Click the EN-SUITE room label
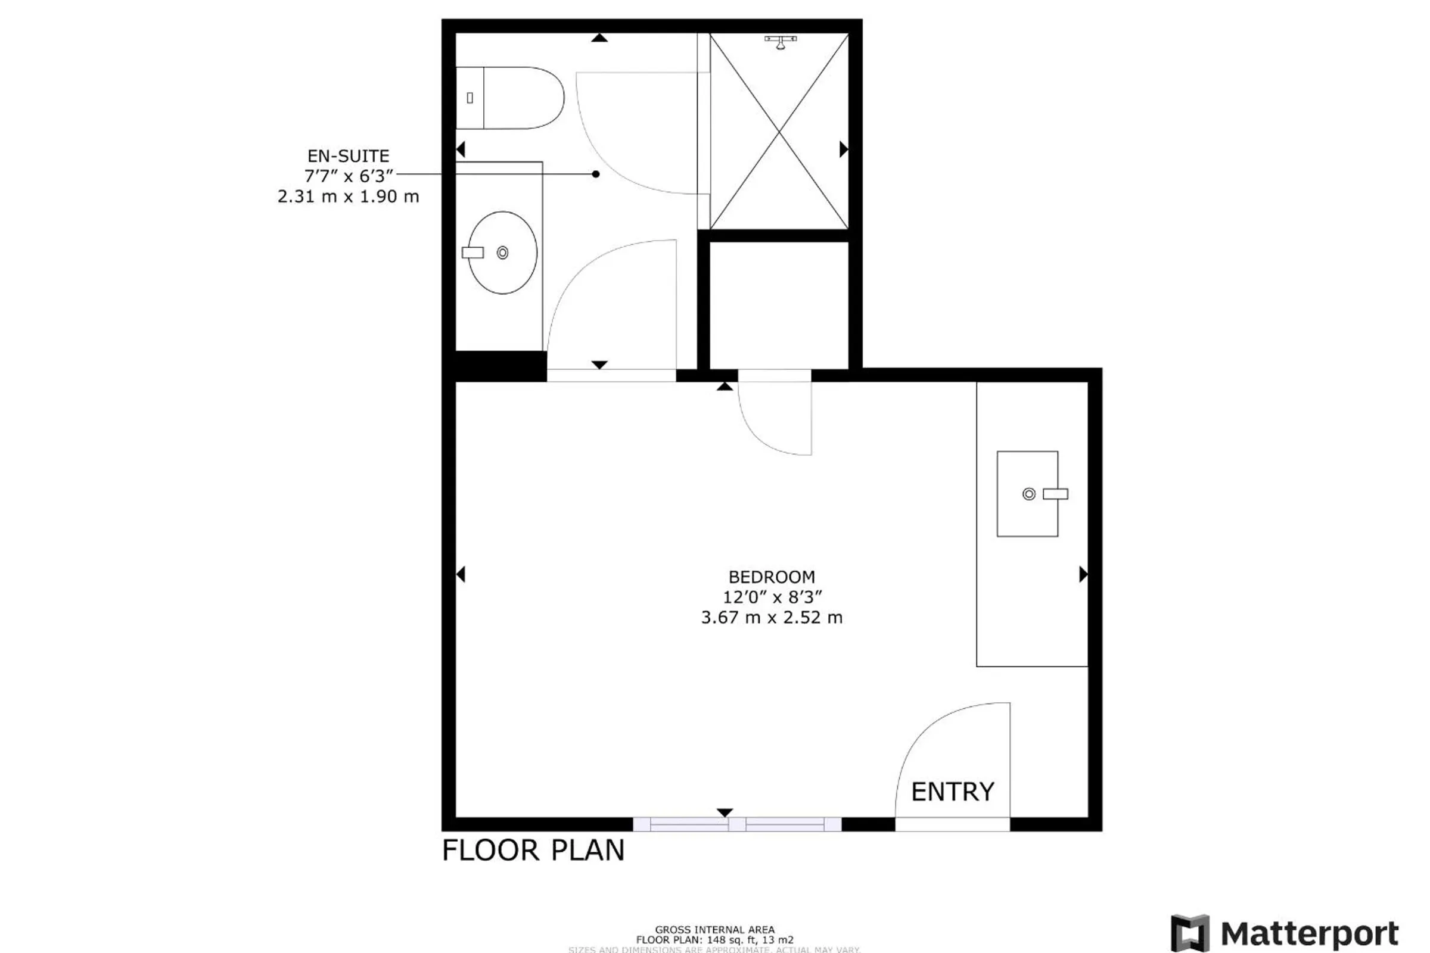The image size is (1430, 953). [348, 156]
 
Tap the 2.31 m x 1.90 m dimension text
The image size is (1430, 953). [348, 197]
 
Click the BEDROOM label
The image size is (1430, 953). [771, 577]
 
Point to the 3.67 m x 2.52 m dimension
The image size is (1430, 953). [771, 618]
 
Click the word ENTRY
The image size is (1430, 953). [952, 792]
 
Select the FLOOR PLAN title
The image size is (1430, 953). [533, 851]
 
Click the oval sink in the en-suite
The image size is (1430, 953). [502, 253]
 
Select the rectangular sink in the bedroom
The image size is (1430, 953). [1027, 494]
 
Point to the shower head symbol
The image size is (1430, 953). [780, 41]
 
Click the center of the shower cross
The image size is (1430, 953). [779, 131]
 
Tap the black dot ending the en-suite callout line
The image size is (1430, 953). [596, 175]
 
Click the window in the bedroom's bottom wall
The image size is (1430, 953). [737, 824]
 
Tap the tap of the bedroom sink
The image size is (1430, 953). [1055, 494]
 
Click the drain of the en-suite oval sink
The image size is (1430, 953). [502, 253]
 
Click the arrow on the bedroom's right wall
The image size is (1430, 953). [1083, 574]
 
